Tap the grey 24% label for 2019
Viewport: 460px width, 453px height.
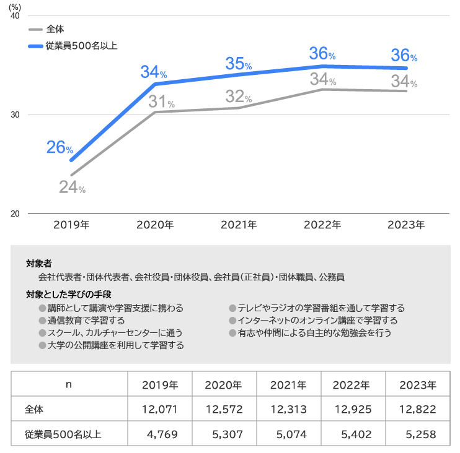click(x=72, y=187)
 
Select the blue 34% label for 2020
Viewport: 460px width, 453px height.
click(x=153, y=72)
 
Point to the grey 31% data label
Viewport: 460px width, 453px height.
click(x=161, y=102)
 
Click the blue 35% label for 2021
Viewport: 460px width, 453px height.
click(x=238, y=63)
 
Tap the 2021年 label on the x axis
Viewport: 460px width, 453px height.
click(x=239, y=225)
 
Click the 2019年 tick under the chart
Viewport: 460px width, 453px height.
click(x=71, y=225)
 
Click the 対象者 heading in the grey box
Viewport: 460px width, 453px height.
click(x=39, y=264)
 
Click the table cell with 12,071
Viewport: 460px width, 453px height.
click(x=160, y=409)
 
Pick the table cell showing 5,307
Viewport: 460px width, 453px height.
click(x=223, y=434)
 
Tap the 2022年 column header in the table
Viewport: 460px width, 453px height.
click(x=351, y=384)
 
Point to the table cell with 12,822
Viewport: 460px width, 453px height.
click(x=418, y=409)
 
